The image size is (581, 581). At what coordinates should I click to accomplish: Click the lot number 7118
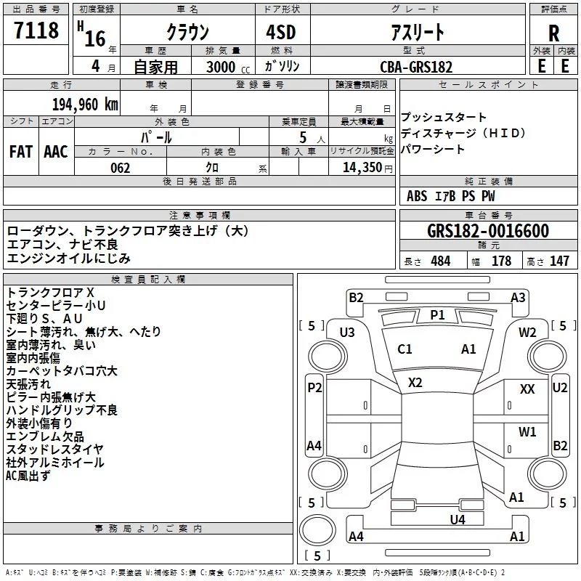pos(36,30)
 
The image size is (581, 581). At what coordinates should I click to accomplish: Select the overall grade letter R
pos(553,33)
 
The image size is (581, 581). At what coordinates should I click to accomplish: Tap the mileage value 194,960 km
pos(85,105)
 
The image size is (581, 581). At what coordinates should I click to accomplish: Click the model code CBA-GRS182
pos(416,67)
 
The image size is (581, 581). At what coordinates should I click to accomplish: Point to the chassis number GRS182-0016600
pos(487,231)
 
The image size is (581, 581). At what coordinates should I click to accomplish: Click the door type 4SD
pos(281,32)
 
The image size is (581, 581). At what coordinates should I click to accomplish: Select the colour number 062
pos(120,168)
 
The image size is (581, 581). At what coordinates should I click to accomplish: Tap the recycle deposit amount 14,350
pos(362,168)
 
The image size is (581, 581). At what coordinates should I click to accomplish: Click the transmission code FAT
pos(21,152)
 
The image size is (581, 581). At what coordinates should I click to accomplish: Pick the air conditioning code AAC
pos(56,152)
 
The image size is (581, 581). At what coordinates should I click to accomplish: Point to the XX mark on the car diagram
pos(527,389)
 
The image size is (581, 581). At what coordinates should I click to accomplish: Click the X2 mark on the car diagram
pos(415,383)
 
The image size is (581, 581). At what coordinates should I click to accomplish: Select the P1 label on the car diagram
pos(437,315)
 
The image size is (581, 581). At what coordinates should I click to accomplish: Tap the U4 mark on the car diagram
pos(458,520)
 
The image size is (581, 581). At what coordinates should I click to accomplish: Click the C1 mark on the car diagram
pos(405,349)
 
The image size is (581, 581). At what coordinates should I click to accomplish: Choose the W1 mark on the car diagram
pos(527,431)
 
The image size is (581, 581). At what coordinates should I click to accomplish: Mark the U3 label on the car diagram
pos(347,333)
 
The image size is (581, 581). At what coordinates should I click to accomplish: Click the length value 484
pos(441,261)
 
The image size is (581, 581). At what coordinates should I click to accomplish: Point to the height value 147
pos(559,261)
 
